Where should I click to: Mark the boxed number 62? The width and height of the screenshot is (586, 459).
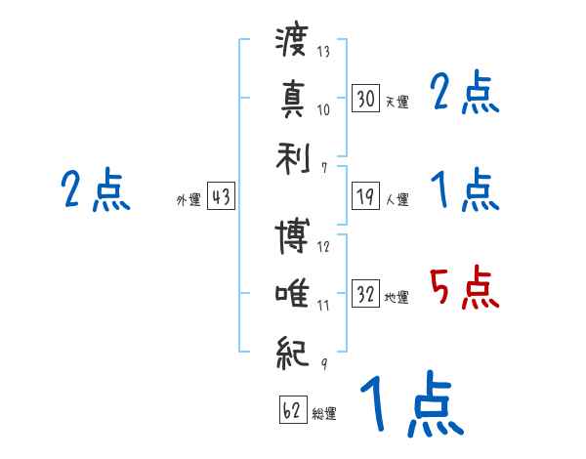pyautogui.click(x=292, y=410)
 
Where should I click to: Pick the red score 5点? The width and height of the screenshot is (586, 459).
pyautogui.click(x=465, y=287)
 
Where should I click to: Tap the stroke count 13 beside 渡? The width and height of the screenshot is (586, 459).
pyautogui.click(x=323, y=52)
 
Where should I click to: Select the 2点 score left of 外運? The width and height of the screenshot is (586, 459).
pyautogui.click(x=95, y=190)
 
